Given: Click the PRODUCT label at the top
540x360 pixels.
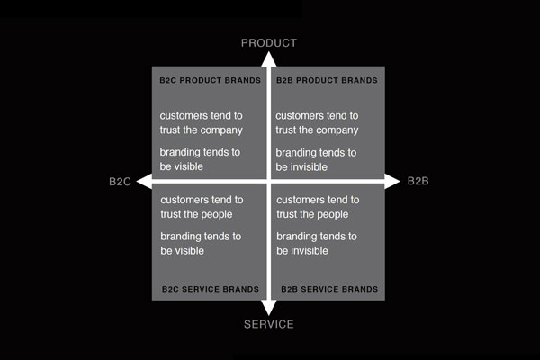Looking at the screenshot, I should coord(268,42).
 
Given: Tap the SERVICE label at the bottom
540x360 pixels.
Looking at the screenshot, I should coord(268,324).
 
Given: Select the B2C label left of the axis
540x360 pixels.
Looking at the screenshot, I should coord(121,182).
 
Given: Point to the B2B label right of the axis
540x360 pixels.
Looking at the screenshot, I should coord(418,182).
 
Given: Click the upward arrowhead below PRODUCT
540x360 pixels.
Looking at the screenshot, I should coord(268,58).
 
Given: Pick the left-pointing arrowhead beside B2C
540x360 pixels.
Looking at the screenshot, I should coord(141,182).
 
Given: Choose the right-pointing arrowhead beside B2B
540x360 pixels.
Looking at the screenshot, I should coord(393,182).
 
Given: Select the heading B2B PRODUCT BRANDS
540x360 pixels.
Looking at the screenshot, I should coord(327,80).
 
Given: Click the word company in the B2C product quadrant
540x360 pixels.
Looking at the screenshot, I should coord(221,130).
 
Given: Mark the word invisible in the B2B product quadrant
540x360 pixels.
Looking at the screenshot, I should coord(311,167).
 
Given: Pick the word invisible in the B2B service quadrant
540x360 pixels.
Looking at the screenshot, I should coord(311,251).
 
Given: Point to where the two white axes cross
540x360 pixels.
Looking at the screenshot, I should coord(268,182).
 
